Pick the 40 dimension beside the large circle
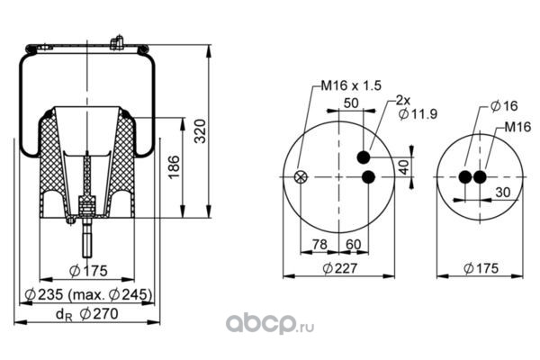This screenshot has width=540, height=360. coord(404,166)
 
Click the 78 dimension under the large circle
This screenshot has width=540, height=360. coord(319,245)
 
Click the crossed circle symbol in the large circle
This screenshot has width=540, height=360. coord(301,176)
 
